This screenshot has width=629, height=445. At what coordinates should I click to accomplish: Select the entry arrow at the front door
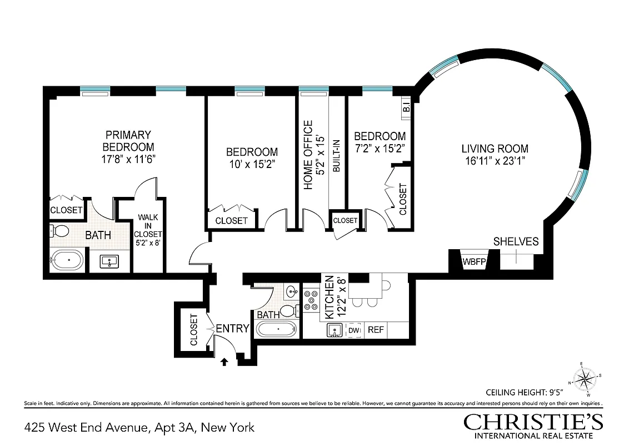[224, 362]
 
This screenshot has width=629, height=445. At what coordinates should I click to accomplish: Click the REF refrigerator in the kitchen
[376, 330]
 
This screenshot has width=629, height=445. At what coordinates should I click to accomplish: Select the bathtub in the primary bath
[67, 260]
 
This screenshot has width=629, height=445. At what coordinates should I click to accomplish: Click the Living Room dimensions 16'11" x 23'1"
[495, 161]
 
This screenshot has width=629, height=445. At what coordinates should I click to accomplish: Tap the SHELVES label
[516, 241]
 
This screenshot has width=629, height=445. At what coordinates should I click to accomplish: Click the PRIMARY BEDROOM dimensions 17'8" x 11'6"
[128, 159]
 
